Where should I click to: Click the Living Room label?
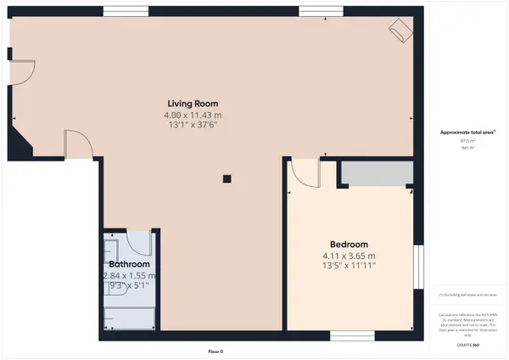(193, 104)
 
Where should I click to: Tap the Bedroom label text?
(348, 244)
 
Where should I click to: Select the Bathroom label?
(129, 264)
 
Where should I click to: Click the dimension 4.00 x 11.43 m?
(193, 115)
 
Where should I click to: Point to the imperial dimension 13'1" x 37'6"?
(193, 126)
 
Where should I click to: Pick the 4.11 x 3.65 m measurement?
(348, 255)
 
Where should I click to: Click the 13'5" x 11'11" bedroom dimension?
(348, 266)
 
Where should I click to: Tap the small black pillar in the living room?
(227, 178)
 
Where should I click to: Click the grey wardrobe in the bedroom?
(375, 173)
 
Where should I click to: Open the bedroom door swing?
(303, 172)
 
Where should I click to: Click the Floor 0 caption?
(216, 351)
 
